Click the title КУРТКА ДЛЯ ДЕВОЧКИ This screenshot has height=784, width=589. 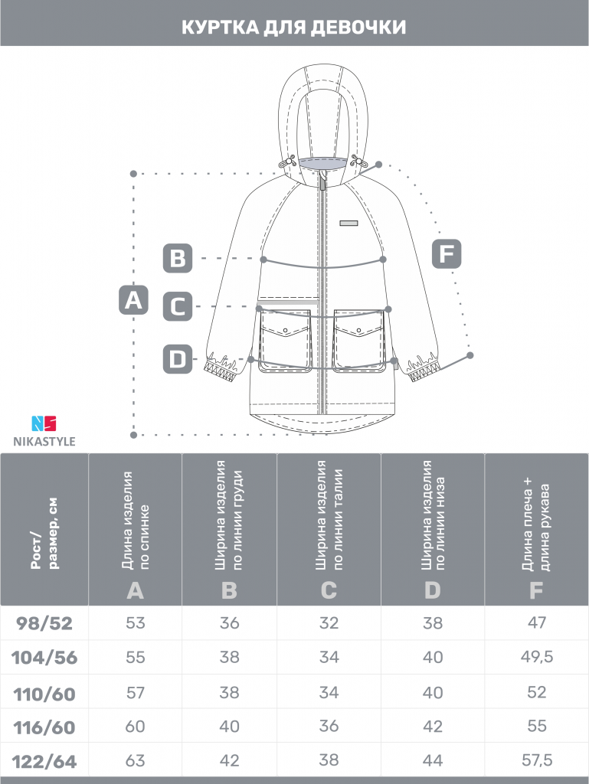[x=294, y=28]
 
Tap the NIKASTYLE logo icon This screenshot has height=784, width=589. [x=44, y=423]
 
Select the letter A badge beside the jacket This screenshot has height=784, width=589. [x=133, y=300]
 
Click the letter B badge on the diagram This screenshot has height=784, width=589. [x=178, y=259]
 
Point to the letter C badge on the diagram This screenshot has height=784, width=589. [x=178, y=306]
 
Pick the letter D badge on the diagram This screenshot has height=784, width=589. [x=178, y=359]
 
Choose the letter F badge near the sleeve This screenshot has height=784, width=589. [x=447, y=253]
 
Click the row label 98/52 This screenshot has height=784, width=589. [x=44, y=623]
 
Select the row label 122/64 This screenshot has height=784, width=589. [x=44, y=762]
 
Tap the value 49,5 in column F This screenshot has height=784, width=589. [x=537, y=656]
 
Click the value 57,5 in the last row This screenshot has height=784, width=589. [x=537, y=760]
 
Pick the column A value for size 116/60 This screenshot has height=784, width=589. [x=135, y=726]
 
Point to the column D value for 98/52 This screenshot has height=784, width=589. [x=433, y=622]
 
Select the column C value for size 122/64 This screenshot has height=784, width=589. [x=329, y=760]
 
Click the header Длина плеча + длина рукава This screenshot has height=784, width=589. [x=536, y=527]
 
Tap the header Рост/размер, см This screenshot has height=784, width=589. [x=44, y=533]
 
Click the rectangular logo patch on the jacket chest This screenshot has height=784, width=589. [x=349, y=223]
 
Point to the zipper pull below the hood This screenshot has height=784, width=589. [x=323, y=180]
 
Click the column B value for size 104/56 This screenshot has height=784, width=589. [x=230, y=656]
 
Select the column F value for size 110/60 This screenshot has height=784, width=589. [x=537, y=692]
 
